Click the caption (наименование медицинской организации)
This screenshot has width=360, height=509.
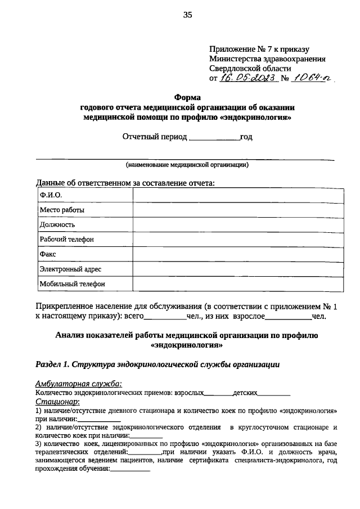187,165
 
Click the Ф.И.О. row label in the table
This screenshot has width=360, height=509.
51,195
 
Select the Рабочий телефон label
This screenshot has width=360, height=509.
66,240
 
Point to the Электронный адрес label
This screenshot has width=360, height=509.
70,269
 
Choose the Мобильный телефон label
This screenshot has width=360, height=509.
73,284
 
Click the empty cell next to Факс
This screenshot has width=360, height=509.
238,254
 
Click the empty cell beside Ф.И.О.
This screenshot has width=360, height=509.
238,195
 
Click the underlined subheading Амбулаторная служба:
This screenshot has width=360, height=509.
78,384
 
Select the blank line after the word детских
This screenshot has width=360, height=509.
274,393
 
